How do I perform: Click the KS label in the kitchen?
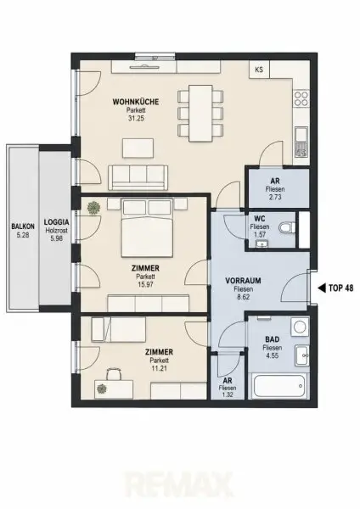(x=259, y=70)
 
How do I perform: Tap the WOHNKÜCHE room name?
(x=136, y=102)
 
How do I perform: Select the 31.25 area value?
(x=136, y=119)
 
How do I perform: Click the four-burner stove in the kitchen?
(x=301, y=98)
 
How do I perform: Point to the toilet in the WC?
(x=287, y=227)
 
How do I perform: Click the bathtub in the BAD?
(x=278, y=386)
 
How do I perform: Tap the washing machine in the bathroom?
(x=300, y=327)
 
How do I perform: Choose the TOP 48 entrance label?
(x=340, y=288)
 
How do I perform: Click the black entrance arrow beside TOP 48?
(x=322, y=288)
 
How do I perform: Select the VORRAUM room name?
(x=243, y=281)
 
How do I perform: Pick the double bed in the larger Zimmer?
(x=147, y=228)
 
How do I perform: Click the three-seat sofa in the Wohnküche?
(x=138, y=177)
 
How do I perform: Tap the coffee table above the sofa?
(x=138, y=148)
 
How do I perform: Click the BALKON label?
(x=23, y=227)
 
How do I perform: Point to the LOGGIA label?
(x=57, y=222)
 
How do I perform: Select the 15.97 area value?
(x=145, y=285)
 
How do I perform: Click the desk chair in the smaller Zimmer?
(x=114, y=373)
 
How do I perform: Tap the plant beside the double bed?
(x=93, y=208)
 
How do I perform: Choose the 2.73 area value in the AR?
(x=275, y=197)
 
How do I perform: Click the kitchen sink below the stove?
(x=301, y=143)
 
